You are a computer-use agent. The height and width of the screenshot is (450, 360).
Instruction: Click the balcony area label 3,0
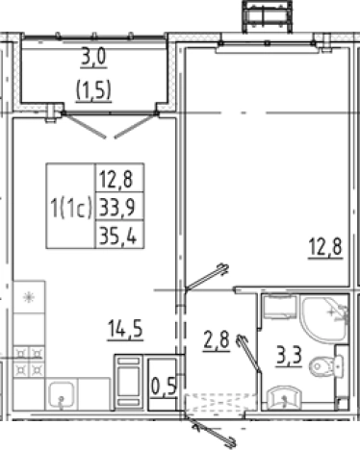tap(93, 59)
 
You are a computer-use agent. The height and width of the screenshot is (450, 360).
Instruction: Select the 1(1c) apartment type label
tap(71, 208)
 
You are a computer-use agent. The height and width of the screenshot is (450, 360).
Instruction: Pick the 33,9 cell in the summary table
tap(117, 207)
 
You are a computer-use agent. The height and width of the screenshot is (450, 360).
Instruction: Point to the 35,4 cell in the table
tap(118, 235)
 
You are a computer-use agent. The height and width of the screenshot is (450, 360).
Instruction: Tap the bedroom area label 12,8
tap(325, 247)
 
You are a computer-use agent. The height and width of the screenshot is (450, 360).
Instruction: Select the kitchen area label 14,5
tap(125, 329)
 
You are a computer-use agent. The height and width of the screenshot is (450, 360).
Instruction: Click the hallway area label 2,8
tap(217, 340)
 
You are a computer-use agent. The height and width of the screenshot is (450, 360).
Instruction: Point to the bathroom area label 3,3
tap(289, 356)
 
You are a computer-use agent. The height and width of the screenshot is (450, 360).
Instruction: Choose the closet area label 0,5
tap(164, 386)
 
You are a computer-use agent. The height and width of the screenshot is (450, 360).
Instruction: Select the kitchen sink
tap(61, 394)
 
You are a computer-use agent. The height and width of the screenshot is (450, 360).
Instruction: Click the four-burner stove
tap(29, 362)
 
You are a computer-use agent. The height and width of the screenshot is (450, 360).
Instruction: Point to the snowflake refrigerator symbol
tap(29, 298)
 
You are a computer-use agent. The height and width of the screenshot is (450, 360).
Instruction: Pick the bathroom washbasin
tap(284, 397)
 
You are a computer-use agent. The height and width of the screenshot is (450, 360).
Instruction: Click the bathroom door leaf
tap(249, 354)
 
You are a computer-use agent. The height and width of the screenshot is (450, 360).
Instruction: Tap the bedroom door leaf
tap(207, 276)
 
